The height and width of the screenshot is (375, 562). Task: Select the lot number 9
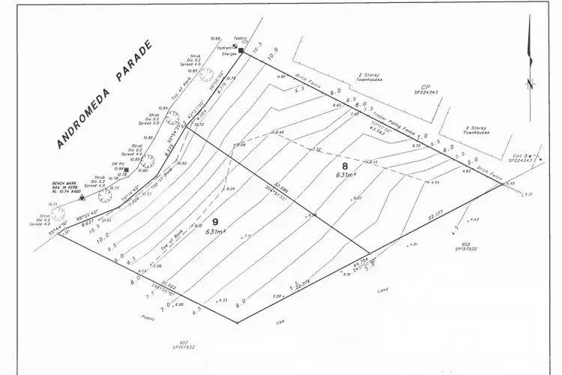click(x=216, y=222)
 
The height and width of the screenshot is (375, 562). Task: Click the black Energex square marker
click(x=242, y=49)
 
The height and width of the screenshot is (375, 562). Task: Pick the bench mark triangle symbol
click(x=82, y=198)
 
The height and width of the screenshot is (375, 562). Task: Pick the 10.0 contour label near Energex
click(x=272, y=58)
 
